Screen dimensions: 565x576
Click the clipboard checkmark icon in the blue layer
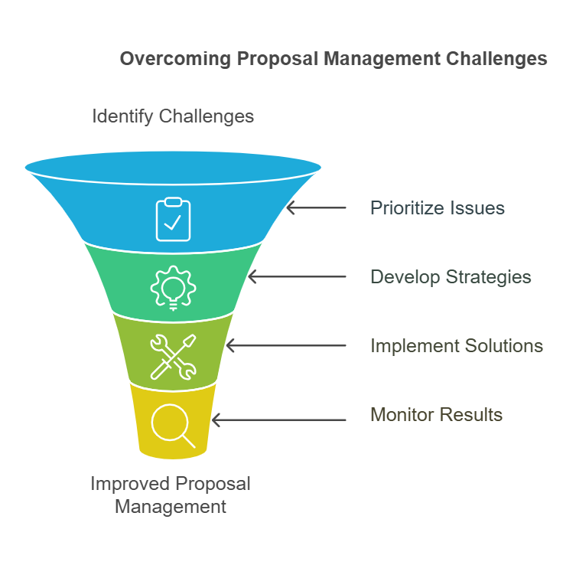tap(173, 219)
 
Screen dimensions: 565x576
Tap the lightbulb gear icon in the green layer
tap(173, 287)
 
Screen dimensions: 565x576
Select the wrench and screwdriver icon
tap(173, 356)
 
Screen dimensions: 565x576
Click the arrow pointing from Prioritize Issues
tap(316, 207)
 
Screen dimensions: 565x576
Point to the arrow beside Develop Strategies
tap(297, 277)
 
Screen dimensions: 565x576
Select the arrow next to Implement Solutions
tap(285, 346)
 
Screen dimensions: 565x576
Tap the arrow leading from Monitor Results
tap(278, 420)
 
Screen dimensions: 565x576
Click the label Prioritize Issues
tap(437, 207)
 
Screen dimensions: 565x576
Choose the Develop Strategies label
tap(451, 276)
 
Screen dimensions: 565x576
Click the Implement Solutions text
tap(457, 345)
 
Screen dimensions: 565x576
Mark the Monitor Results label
tap(436, 415)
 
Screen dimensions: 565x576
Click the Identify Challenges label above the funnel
tap(173, 116)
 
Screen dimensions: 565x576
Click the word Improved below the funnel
tap(131, 484)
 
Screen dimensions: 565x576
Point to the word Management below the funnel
tap(170, 506)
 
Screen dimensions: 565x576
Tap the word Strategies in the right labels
tap(492, 276)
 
